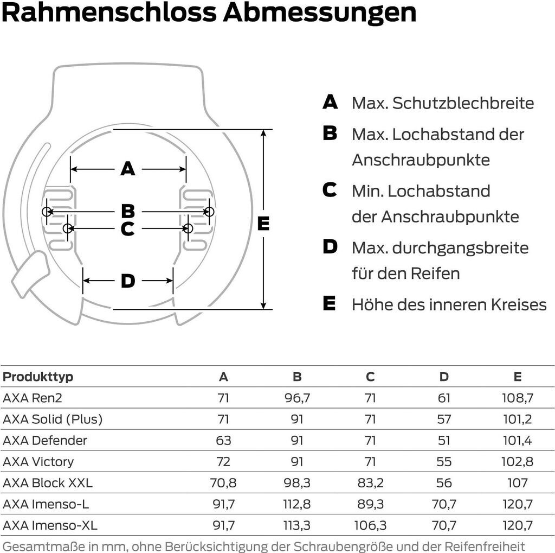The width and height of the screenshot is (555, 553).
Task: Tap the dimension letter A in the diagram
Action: [128, 169]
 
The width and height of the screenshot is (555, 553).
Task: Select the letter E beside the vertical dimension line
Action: [263, 224]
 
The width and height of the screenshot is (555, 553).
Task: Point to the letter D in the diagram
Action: [128, 281]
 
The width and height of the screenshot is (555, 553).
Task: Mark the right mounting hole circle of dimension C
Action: [188, 228]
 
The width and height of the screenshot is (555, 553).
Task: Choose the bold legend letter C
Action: [330, 190]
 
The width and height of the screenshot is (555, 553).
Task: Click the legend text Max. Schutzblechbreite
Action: [443, 103]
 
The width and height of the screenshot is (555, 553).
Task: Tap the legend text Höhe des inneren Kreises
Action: [449, 304]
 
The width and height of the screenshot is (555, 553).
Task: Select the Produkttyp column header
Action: [38, 377]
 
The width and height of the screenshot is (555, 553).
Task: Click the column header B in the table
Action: [297, 377]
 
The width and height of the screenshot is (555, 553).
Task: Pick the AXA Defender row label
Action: [45, 440]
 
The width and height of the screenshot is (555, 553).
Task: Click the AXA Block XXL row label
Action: [48, 482]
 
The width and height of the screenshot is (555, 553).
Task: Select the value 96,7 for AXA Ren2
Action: [297, 398]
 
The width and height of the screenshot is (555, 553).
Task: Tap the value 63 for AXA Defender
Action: [223, 440]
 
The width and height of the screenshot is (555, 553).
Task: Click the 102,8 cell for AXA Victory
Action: [518, 461]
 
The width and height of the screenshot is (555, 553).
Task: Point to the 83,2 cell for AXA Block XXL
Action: [370, 482]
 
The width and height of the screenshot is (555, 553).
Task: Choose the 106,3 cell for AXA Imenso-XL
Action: [370, 525]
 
